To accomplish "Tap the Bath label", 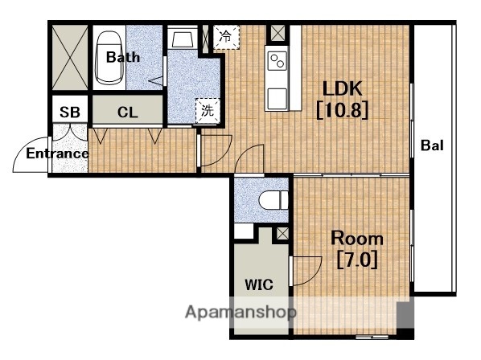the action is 123,57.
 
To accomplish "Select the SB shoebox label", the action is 70,112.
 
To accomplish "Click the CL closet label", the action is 127,112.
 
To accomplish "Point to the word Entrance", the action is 57,153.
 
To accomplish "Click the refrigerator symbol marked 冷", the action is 226,37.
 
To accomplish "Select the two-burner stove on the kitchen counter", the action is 277,60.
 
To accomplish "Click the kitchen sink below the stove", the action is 277,99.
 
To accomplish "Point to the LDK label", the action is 343,88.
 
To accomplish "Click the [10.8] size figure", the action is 342,110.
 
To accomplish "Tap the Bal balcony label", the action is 432,145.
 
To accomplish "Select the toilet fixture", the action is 273,200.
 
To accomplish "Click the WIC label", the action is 259,285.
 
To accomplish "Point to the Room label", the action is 357,239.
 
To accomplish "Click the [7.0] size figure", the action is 357,260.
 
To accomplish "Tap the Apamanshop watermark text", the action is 240,313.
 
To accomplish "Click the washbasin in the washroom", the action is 183,39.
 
